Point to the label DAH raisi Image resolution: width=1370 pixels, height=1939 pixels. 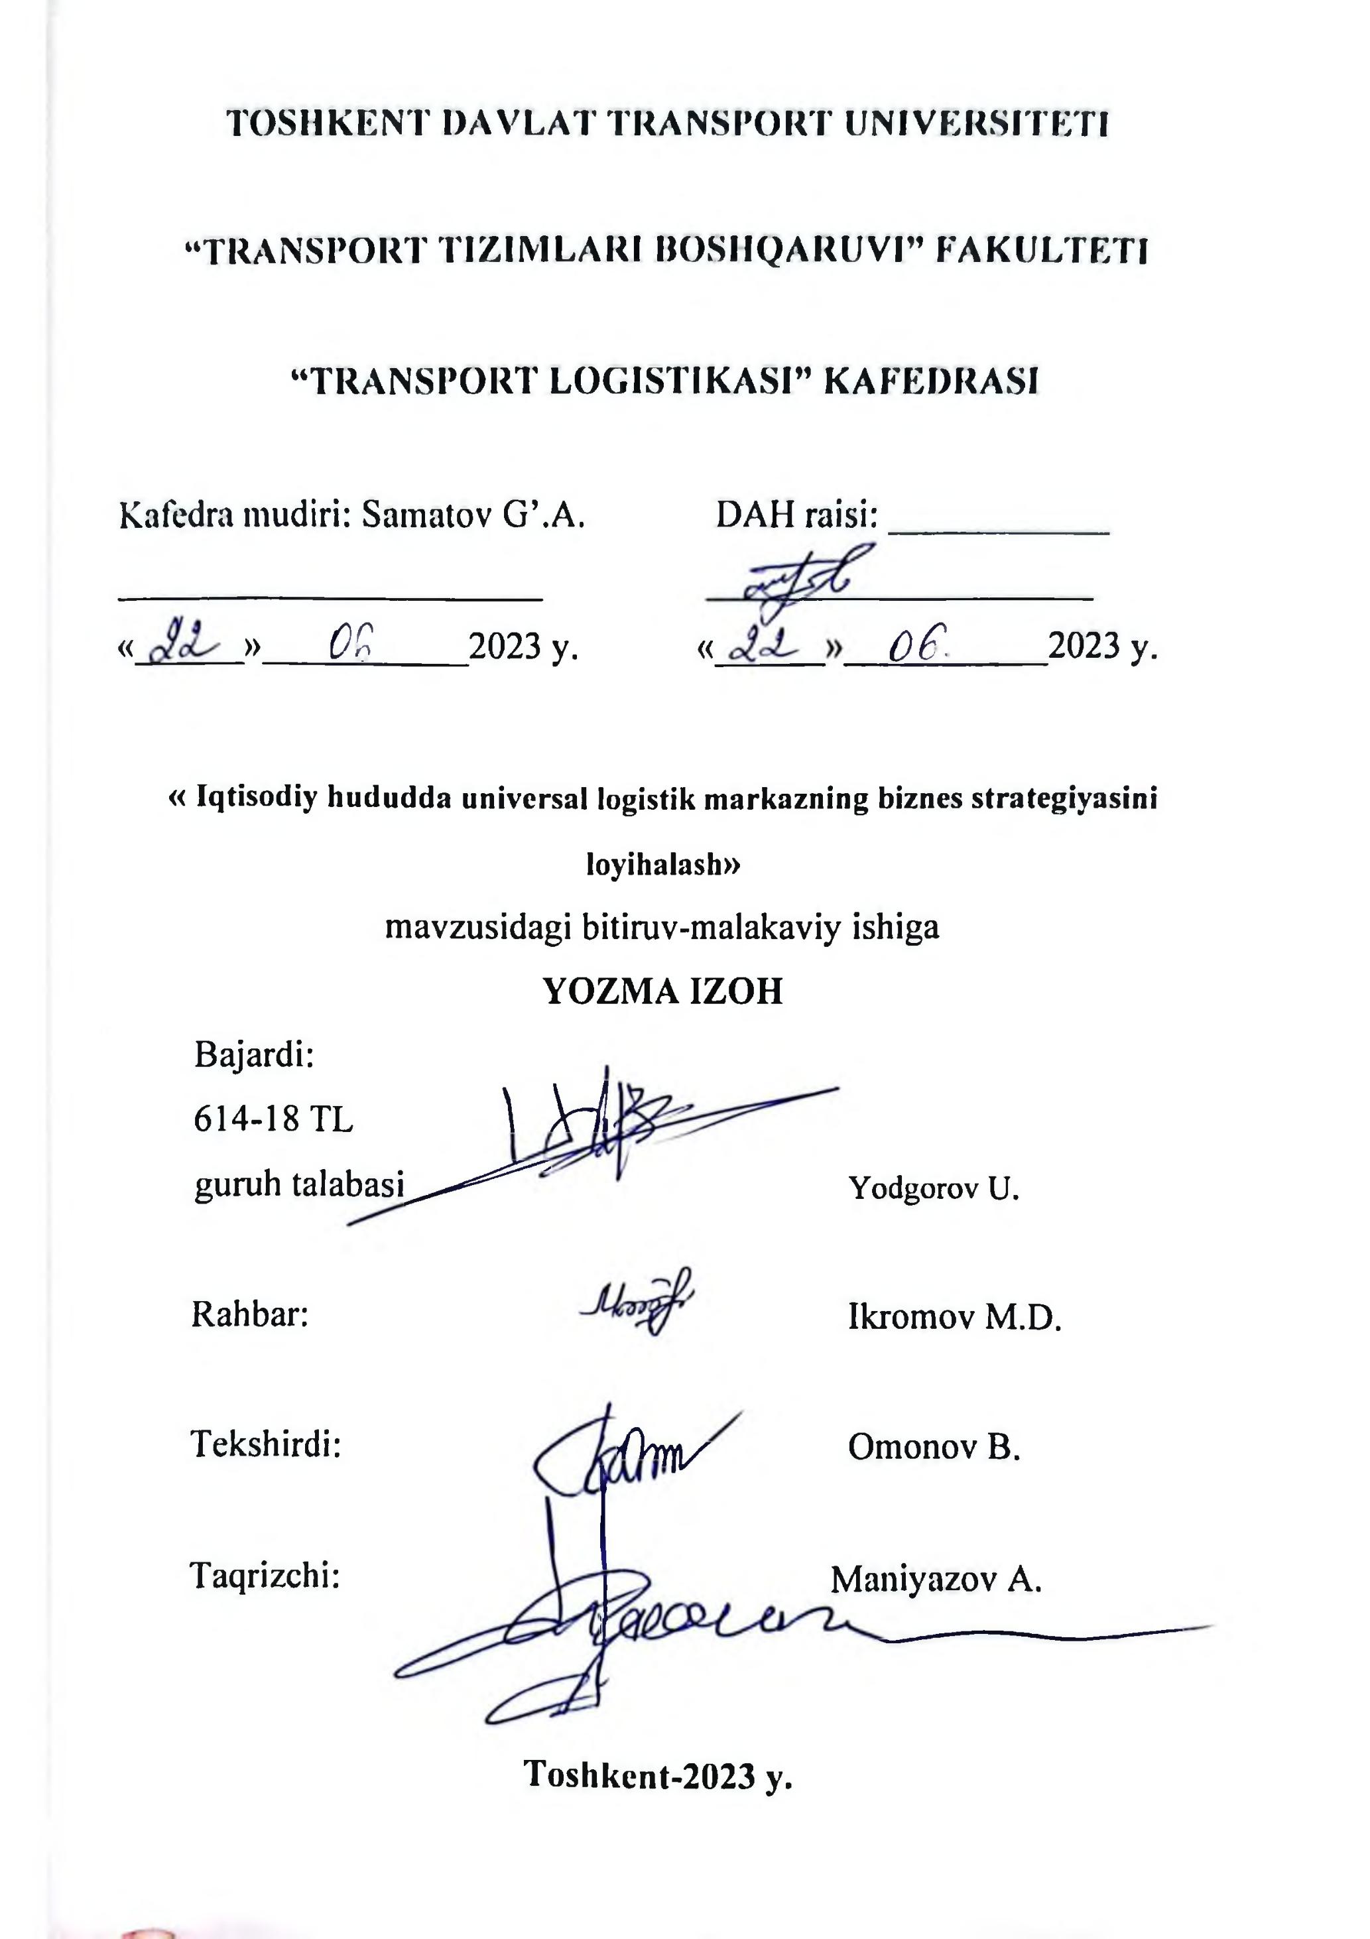coord(796,513)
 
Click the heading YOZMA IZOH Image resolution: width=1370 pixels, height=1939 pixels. coord(663,991)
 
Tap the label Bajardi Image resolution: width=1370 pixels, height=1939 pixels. coord(254,1055)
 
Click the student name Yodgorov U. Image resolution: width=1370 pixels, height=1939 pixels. coord(934,1188)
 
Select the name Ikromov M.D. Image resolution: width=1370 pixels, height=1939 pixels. coord(954,1316)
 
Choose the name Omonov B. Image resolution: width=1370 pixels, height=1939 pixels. coord(935,1447)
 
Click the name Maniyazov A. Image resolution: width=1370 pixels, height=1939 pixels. coord(936,1578)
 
